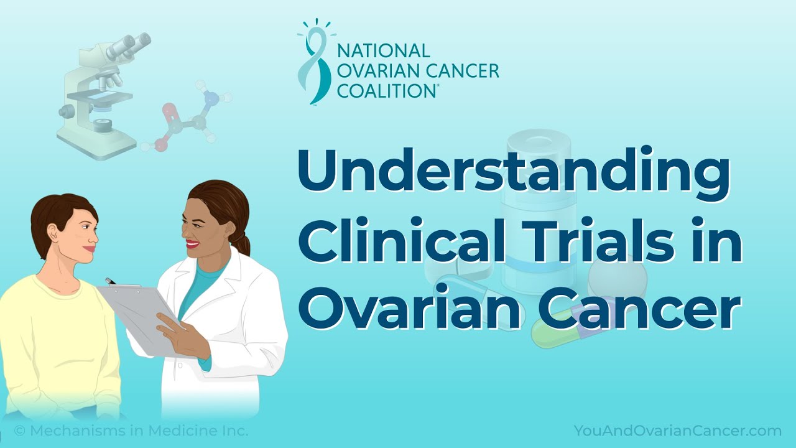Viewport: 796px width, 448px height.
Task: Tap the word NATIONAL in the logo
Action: [x=383, y=50]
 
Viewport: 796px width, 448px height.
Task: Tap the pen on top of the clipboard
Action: [x=111, y=281]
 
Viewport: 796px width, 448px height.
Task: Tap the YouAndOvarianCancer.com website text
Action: [x=677, y=431]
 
